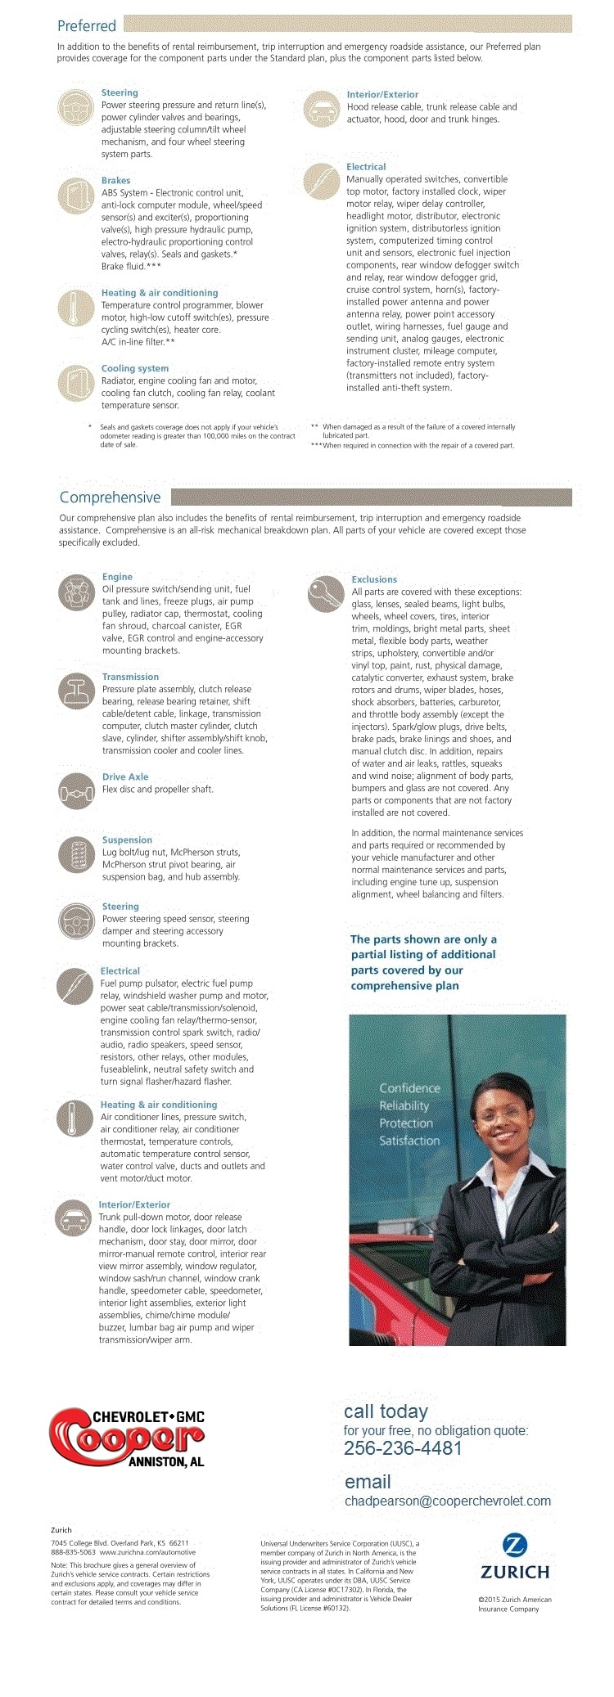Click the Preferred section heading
[87, 25]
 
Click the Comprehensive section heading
[110, 497]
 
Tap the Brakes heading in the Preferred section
[115, 180]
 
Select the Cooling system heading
[135, 368]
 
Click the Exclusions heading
[374, 579]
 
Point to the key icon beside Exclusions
[325, 594]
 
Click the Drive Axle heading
[125, 776]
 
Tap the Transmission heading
[130, 677]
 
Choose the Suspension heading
[127, 839]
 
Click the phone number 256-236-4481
[403, 1447]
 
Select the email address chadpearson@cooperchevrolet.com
[448, 1501]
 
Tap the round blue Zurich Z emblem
[514, 1545]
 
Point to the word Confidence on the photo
[409, 1088]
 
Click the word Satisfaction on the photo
[409, 1141]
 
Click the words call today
[386, 1411]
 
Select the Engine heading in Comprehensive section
[117, 577]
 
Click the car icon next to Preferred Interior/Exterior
[321, 109]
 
